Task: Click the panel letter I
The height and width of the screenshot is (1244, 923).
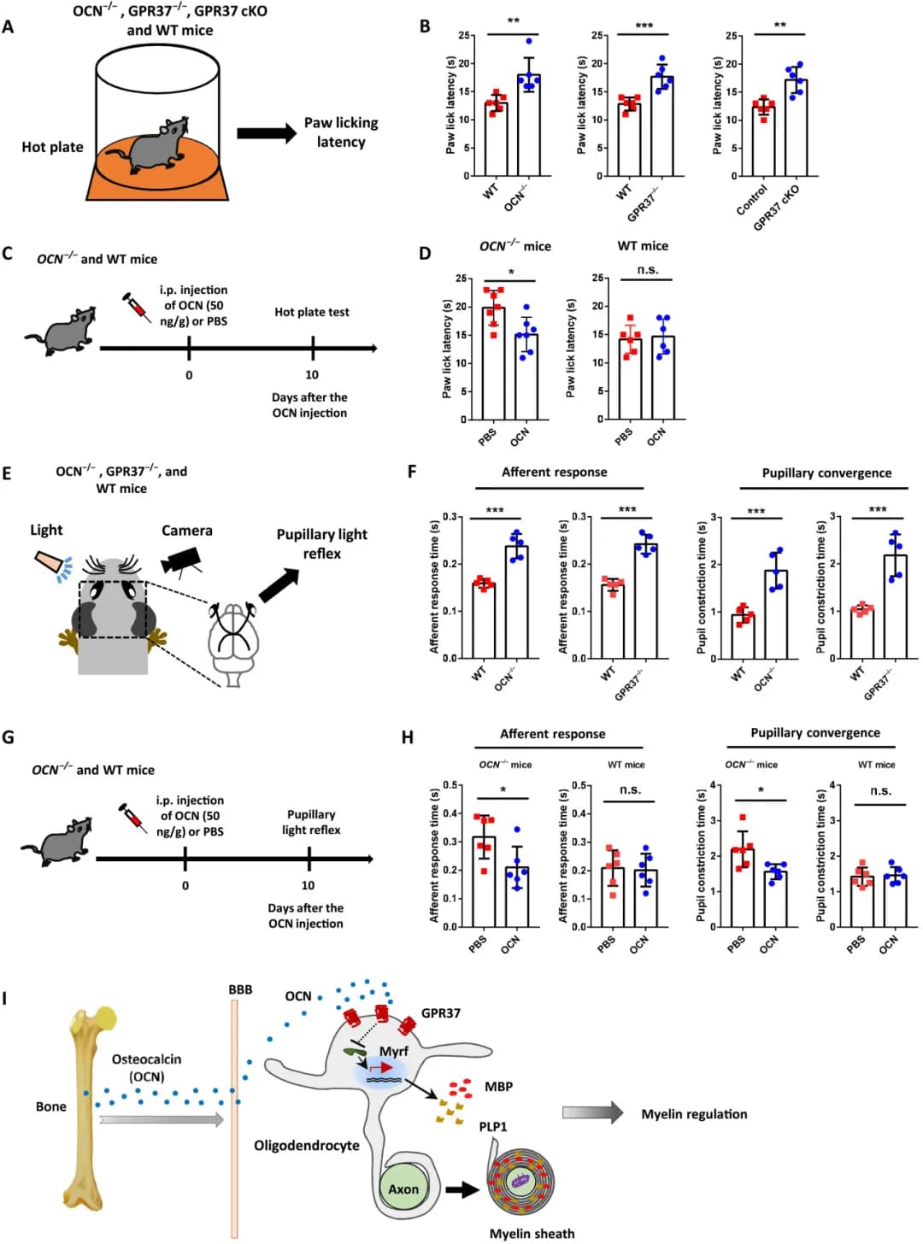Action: point(6,998)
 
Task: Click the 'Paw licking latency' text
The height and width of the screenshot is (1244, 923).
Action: point(341,132)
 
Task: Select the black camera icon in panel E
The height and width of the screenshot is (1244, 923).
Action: point(182,560)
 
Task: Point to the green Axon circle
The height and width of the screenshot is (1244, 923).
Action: point(403,1188)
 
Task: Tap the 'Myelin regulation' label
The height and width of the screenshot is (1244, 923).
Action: point(694,1114)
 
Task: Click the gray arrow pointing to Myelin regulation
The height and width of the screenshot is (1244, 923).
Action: point(593,1112)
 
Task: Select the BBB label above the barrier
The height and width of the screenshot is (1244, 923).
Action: point(240,989)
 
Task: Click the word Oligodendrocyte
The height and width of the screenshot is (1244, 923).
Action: point(307,1145)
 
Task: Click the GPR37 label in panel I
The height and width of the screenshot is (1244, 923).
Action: point(441,1013)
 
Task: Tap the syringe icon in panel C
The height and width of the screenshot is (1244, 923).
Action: point(137,306)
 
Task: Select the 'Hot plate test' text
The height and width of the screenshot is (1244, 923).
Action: point(312,312)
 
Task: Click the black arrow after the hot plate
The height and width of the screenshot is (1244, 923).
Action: point(267,133)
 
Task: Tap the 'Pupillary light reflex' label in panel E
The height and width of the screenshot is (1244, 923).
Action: point(321,543)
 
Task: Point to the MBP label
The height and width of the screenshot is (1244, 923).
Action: point(498,1087)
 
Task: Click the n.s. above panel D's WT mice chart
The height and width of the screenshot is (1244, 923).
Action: point(648,270)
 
